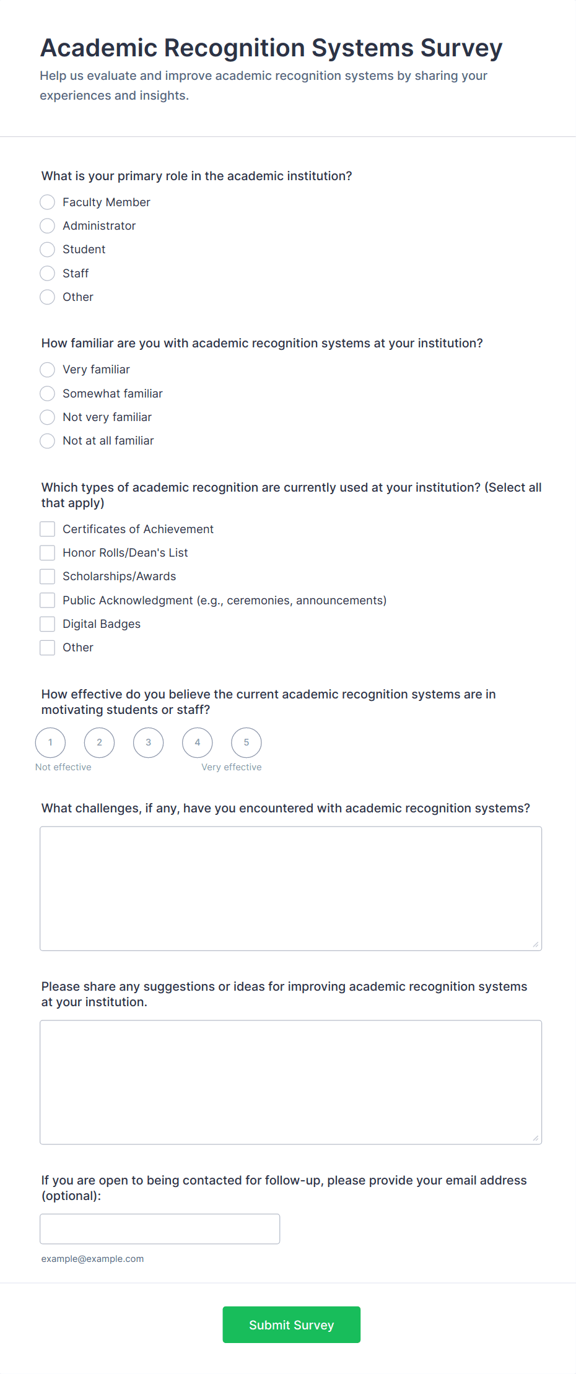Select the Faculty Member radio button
click(x=48, y=202)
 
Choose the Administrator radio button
click(x=48, y=226)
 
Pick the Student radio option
click(x=48, y=250)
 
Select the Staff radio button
click(x=48, y=273)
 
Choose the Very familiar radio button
click(x=48, y=370)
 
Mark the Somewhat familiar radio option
click(x=48, y=394)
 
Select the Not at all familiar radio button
click(x=48, y=441)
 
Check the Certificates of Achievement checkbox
click(x=48, y=529)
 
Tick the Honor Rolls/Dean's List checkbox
click(x=48, y=553)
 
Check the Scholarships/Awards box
click(x=48, y=576)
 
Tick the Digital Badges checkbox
click(x=48, y=624)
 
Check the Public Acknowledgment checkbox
click(x=48, y=601)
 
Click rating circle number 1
click(x=50, y=742)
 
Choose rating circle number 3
click(x=149, y=742)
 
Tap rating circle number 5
click(x=247, y=742)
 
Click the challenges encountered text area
click(x=290, y=889)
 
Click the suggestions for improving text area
click(x=290, y=1082)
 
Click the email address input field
click(x=160, y=1229)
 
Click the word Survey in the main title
click(x=461, y=48)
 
